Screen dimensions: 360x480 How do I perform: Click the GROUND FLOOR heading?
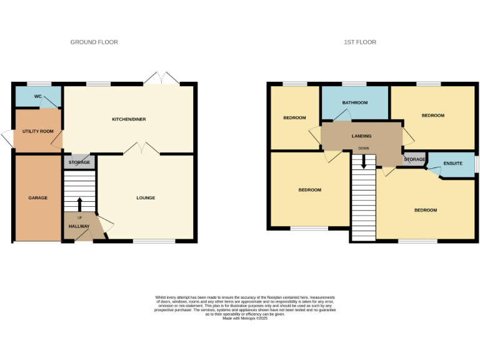pos(94,42)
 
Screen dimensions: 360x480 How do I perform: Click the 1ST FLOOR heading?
pos(360,42)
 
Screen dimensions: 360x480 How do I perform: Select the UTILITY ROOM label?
pos(38,131)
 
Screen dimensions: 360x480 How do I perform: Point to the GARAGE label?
pos(37,197)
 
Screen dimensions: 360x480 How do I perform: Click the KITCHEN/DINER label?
pos(129,119)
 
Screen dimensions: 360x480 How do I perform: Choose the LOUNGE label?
pos(146,197)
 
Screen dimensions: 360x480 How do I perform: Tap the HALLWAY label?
pos(79,226)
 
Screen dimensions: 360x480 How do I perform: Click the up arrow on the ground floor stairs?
pos(79,204)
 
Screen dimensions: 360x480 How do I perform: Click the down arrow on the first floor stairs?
pos(363,161)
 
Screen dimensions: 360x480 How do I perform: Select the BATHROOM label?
pos(354,102)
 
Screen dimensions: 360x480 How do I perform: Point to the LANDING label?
pos(361,136)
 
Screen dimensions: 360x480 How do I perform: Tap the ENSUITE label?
pos(452,163)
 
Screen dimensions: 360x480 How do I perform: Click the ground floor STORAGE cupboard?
pos(79,162)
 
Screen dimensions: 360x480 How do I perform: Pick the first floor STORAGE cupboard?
pos(414,159)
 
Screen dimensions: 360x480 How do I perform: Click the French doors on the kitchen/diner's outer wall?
pos(161,78)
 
